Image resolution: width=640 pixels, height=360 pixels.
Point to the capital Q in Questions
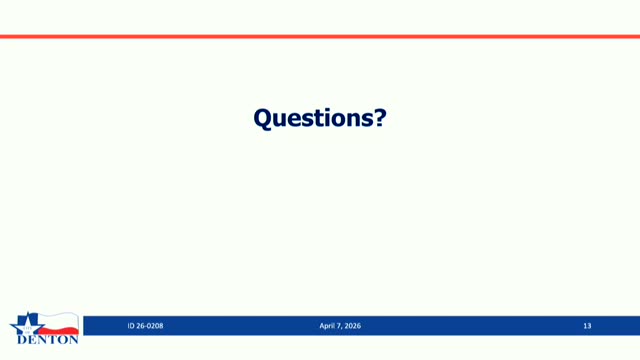click(x=264, y=119)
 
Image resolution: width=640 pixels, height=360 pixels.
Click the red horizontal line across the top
click(x=320, y=37)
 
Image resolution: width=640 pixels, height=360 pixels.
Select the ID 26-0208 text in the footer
click(x=145, y=326)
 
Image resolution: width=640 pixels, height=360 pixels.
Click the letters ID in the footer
click(x=131, y=326)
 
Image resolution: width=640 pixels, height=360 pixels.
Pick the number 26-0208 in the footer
click(x=150, y=326)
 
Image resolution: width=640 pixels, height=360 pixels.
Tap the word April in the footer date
click(x=327, y=326)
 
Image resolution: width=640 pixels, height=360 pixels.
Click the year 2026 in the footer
click(x=353, y=326)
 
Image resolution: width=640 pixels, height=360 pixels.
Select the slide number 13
click(x=587, y=326)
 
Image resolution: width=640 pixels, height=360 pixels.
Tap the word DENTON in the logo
click(x=48, y=340)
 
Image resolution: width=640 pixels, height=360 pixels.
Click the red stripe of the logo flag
click(x=59, y=330)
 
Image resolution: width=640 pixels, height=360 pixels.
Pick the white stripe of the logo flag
click(x=58, y=320)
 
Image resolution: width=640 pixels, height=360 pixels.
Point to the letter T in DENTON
click(x=53, y=340)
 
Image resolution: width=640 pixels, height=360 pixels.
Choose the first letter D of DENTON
click(x=22, y=340)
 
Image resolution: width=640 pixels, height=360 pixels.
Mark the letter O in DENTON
click(x=63, y=340)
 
